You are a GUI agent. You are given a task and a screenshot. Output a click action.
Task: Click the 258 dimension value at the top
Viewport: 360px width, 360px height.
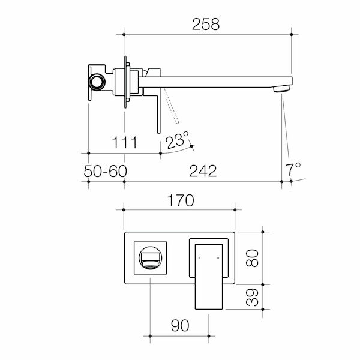pyautogui.click(x=206, y=25)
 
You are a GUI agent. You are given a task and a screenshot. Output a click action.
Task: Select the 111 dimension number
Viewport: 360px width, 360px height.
pyautogui.click(x=125, y=143)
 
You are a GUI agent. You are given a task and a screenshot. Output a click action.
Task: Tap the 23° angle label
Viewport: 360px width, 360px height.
pyautogui.click(x=178, y=141)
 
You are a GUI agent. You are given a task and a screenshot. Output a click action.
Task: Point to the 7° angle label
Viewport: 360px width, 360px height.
pyautogui.click(x=293, y=170)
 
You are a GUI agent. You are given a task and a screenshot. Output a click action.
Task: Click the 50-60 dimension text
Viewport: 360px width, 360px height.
pyautogui.click(x=106, y=171)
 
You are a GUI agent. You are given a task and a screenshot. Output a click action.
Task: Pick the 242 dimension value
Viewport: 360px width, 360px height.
pyautogui.click(x=203, y=171)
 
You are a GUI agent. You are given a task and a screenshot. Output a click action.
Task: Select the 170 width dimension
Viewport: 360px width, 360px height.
pyautogui.click(x=181, y=200)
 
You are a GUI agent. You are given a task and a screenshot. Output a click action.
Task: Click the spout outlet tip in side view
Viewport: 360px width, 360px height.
pyautogui.click(x=280, y=90)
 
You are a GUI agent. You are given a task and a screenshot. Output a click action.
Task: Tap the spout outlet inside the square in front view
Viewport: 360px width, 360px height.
pyautogui.click(x=151, y=260)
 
